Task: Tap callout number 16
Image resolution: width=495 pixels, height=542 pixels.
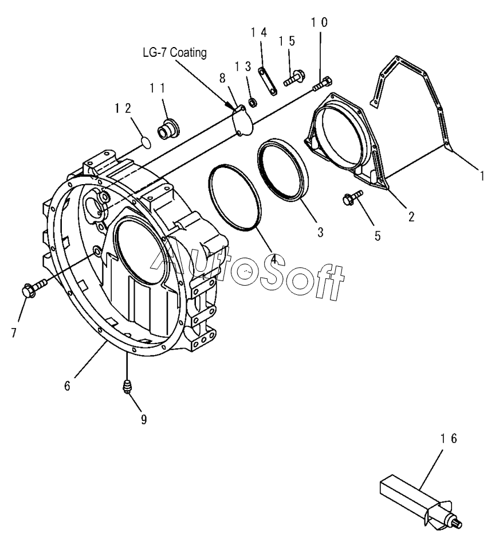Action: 449,439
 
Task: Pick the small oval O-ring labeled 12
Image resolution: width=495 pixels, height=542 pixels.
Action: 146,140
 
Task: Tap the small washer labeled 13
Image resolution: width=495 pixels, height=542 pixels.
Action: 250,103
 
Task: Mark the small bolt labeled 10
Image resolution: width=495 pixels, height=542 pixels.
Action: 323,83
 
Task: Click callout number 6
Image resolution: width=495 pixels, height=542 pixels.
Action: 67,385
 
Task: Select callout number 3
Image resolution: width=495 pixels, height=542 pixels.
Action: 320,232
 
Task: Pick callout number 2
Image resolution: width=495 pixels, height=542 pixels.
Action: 411,217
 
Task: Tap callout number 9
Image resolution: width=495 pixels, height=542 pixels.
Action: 144,420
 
